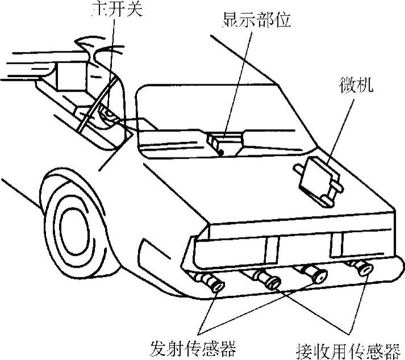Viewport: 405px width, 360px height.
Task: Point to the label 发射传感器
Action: (193, 346)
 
